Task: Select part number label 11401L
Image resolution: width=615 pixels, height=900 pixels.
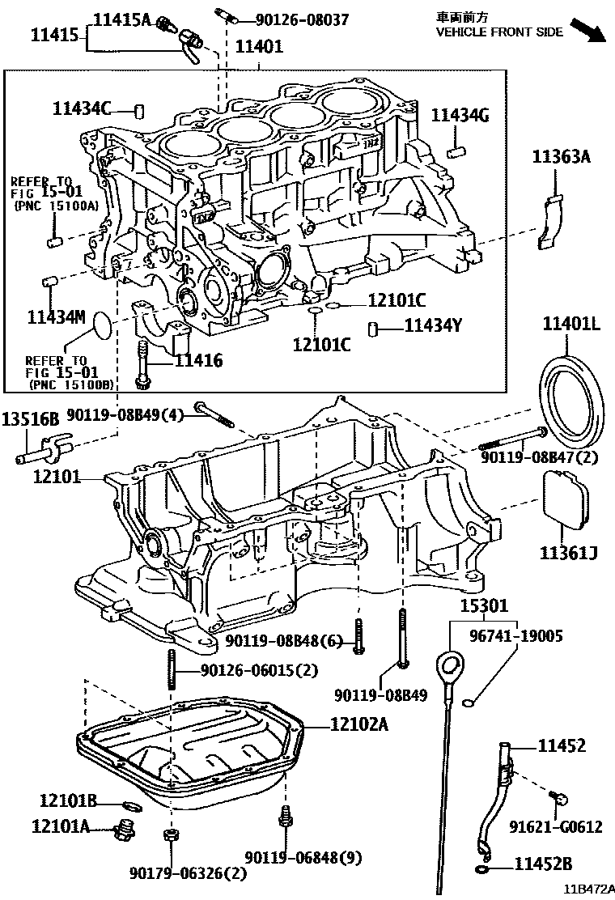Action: [x=570, y=325]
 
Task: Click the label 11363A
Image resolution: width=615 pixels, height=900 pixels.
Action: [x=561, y=157]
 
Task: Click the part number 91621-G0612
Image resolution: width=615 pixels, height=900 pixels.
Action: [x=556, y=826]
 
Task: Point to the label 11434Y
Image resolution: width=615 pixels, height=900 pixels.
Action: [x=433, y=326]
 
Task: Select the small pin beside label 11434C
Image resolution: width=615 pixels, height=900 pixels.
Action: [x=138, y=109]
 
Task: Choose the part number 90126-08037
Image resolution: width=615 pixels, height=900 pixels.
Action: [x=281, y=18]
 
